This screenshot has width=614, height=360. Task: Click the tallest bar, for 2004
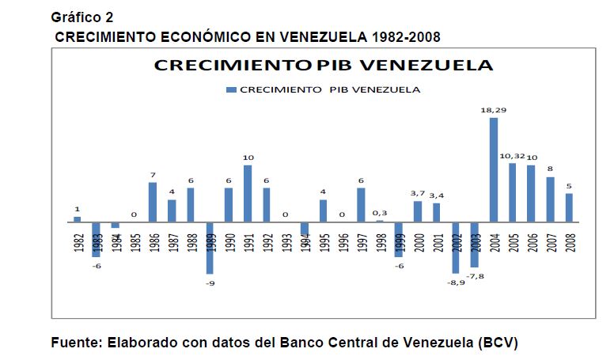point(494,169)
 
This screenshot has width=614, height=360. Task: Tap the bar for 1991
point(248,193)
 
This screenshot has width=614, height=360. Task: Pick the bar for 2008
point(569,207)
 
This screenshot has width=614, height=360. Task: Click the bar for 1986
point(153,202)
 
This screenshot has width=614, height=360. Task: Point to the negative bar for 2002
point(456,247)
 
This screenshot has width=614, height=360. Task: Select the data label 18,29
point(494,112)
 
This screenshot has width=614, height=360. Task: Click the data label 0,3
point(380,214)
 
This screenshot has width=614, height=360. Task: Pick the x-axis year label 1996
point(343,243)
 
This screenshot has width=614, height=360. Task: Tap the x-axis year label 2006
point(532,243)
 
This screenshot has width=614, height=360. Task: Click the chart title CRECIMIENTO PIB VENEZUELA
point(324,66)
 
